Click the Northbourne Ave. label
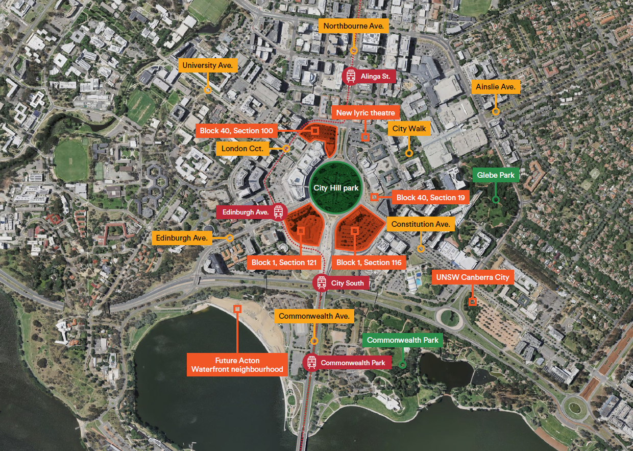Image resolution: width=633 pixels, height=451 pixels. pyautogui.click(x=353, y=26)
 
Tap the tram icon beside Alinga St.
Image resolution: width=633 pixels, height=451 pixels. pyautogui.click(x=351, y=77)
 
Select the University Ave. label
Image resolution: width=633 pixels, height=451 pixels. pyautogui.click(x=208, y=65)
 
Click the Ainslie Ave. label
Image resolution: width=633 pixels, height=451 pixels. pyautogui.click(x=495, y=87)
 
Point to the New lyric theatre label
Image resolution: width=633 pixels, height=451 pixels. pyautogui.click(x=365, y=112)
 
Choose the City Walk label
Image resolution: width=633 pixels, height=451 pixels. pyautogui.click(x=409, y=129)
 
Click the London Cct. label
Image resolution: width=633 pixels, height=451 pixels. pyautogui.click(x=242, y=149)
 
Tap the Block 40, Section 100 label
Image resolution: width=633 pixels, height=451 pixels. pyautogui.click(x=237, y=131)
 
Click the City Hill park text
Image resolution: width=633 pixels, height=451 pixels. pyautogui.click(x=336, y=188)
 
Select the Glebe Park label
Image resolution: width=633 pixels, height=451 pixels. pyautogui.click(x=496, y=175)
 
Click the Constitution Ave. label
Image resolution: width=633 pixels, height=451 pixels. pyautogui.click(x=421, y=224)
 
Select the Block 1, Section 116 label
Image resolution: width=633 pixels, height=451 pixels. pyautogui.click(x=370, y=263)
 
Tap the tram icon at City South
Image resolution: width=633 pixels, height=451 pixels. pyautogui.click(x=321, y=282)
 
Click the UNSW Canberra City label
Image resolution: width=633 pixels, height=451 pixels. pyautogui.click(x=473, y=277)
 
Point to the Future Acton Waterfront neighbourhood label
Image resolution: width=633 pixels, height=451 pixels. pyautogui.click(x=237, y=365)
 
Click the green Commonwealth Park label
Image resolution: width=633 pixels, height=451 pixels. pyautogui.click(x=402, y=340)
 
